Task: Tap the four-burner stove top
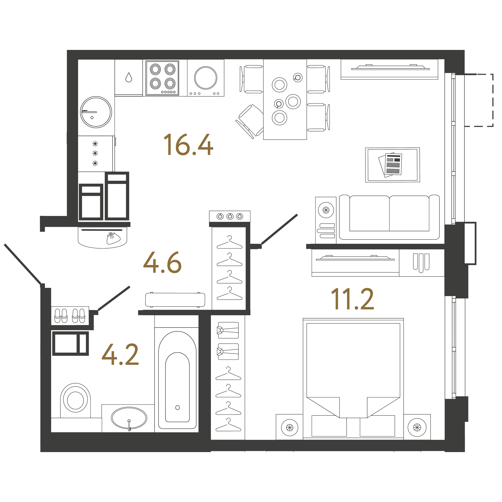pos(162,78)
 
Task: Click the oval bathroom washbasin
pos(129,418)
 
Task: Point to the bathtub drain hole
pos(177,407)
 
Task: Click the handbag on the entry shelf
pos(113,238)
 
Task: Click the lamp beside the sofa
pos(326,210)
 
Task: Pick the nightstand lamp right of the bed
pos(417,427)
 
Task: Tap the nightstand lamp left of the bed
pos(290,427)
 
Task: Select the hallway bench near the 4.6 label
pos(175,300)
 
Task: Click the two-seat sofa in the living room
pos(389,217)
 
